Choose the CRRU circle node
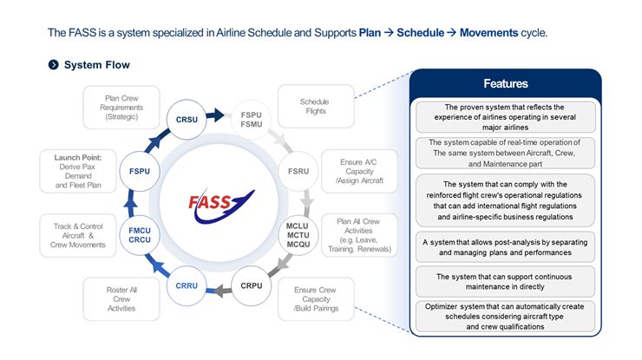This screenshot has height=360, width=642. (x=187, y=285)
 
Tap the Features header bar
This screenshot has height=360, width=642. (x=505, y=84)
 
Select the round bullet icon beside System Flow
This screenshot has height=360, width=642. (x=53, y=65)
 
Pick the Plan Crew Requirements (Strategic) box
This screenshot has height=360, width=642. (x=121, y=105)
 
